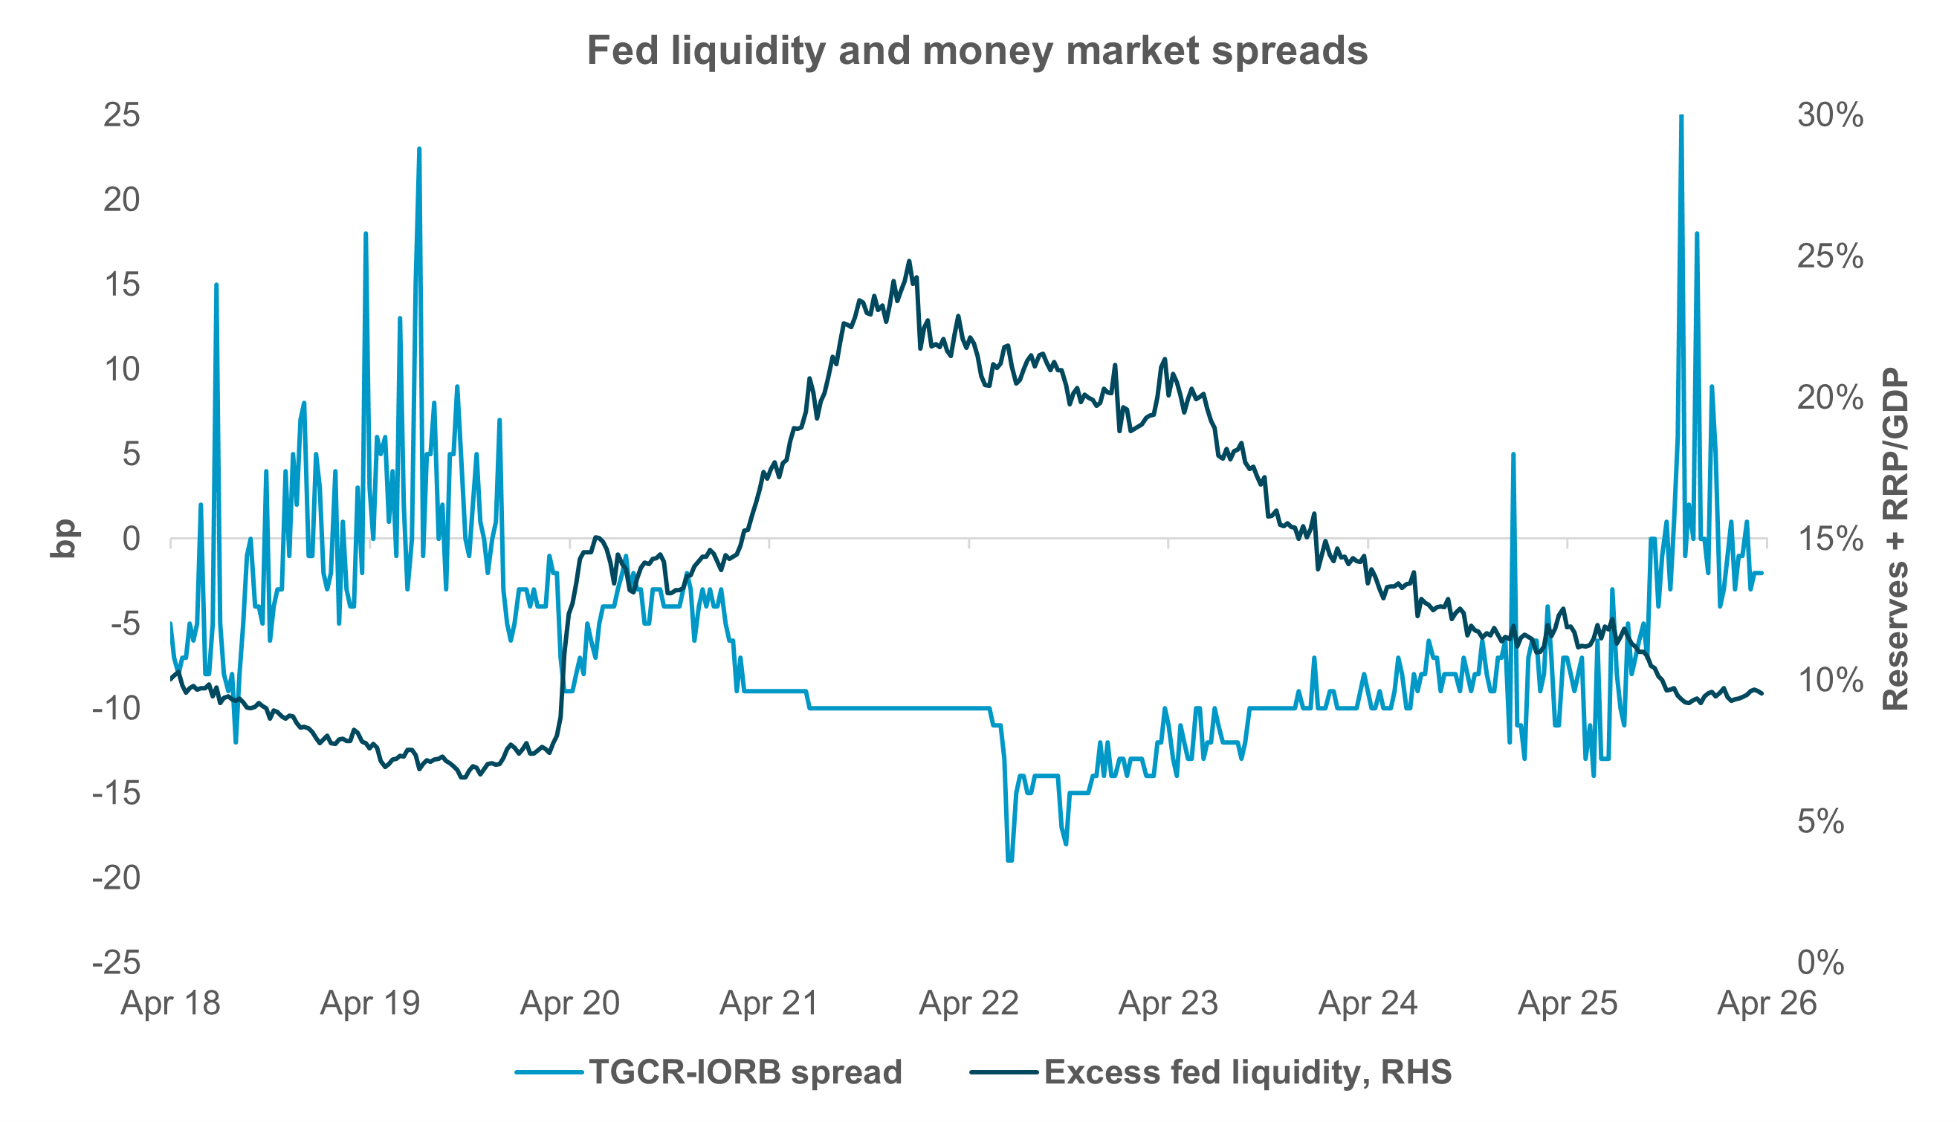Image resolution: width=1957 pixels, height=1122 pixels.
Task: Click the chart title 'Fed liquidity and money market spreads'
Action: pyautogui.click(x=977, y=51)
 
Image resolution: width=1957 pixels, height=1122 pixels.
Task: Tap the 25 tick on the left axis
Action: pyautogui.click(x=122, y=115)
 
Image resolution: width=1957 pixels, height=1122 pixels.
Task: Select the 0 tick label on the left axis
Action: pyautogui.click(x=131, y=539)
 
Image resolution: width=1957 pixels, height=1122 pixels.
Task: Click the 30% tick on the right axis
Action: pyautogui.click(x=1830, y=115)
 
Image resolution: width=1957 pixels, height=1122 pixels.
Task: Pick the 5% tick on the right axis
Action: pyautogui.click(x=1820, y=822)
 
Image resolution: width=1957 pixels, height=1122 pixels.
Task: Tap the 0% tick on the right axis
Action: pyautogui.click(x=1820, y=962)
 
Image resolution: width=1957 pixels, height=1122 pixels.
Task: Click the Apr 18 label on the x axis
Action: pyautogui.click(x=170, y=1003)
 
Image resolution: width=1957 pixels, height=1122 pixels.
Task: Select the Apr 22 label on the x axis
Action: pyautogui.click(x=969, y=1003)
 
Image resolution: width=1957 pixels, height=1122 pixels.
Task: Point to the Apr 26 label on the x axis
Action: pyautogui.click(x=1767, y=1003)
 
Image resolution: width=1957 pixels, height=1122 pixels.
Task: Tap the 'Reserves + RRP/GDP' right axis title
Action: pyautogui.click(x=1896, y=539)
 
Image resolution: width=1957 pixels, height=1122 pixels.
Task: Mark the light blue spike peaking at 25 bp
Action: pyautogui.click(x=1681, y=117)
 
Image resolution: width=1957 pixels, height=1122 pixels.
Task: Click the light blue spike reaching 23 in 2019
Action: pyautogui.click(x=418, y=150)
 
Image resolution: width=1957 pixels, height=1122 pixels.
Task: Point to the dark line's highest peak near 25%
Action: pyautogui.click(x=909, y=262)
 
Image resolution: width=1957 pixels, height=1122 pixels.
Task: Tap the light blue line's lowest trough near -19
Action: pyautogui.click(x=1009, y=859)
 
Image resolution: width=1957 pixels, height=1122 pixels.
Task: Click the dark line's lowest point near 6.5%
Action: pyautogui.click(x=462, y=776)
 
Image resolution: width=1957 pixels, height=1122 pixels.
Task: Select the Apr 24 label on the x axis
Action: pyautogui.click(x=1368, y=1003)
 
